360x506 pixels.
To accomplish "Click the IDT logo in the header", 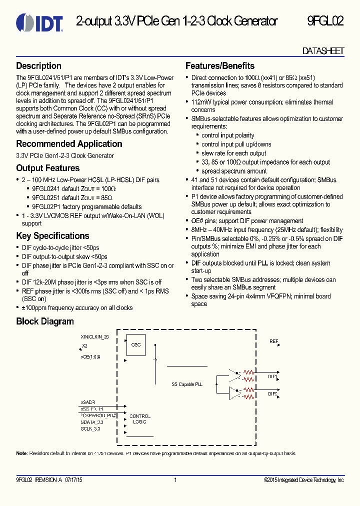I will tap(39, 22).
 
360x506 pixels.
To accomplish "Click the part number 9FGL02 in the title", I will tap(325, 21).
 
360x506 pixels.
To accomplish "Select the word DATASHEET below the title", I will tap(323, 51).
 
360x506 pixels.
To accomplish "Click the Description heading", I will tap(38, 66).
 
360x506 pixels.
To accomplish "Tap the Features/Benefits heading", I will tap(219, 66).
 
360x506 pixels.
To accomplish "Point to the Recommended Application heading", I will tap(69, 144).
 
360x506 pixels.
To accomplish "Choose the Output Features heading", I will tap(47, 168).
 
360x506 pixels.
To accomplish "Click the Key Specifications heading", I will tap(52, 236).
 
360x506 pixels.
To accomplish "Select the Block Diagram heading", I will tap(44, 321).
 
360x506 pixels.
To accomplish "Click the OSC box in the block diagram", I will tap(136, 345).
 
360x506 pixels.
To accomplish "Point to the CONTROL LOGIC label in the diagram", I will tap(139, 419).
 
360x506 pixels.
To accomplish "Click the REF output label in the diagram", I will tap(273, 341).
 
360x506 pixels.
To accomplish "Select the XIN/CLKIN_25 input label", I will tap(94, 337).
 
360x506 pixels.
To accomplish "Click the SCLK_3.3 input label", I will tap(90, 428).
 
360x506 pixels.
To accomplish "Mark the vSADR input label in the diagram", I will tap(87, 402).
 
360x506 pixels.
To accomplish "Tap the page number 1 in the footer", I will tap(175, 480).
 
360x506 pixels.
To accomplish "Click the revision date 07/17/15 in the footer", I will tap(73, 480).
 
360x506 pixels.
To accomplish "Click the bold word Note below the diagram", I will tap(21, 453).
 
